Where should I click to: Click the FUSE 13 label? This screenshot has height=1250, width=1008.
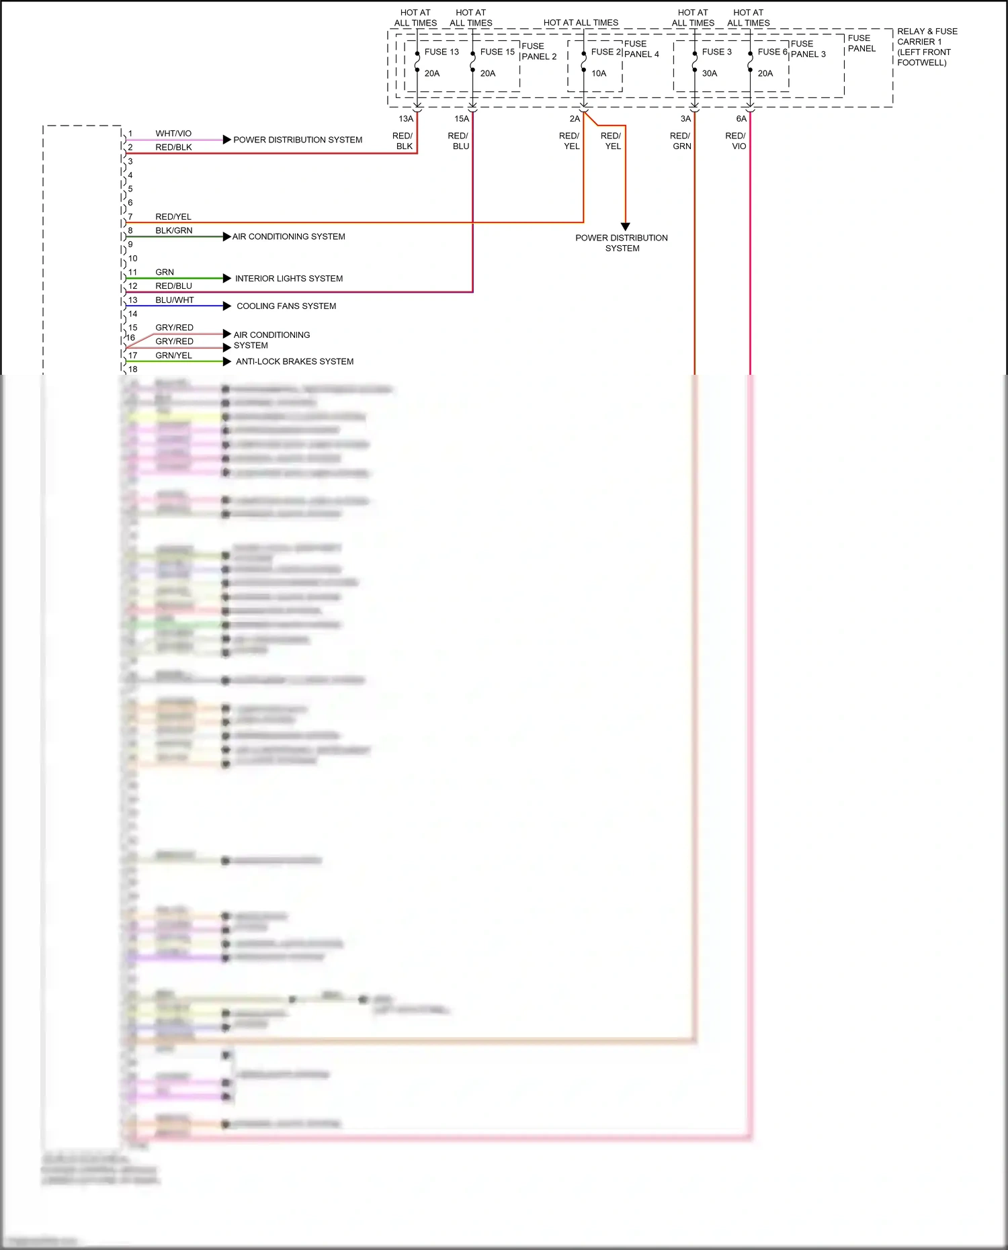(442, 52)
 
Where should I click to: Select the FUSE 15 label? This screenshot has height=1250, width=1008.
(497, 52)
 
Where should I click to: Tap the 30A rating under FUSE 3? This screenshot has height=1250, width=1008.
(710, 73)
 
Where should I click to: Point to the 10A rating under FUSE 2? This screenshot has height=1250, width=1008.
(599, 73)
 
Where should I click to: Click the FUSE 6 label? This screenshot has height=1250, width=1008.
(772, 52)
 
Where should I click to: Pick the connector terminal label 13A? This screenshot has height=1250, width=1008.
(406, 119)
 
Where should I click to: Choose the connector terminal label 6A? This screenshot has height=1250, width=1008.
(741, 119)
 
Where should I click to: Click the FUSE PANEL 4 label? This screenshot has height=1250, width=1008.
(641, 49)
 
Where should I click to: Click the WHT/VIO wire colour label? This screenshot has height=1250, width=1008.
(173, 134)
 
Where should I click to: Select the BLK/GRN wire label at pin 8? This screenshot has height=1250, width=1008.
(173, 230)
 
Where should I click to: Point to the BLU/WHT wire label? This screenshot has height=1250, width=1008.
(174, 300)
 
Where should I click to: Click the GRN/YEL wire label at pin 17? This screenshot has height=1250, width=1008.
(173, 355)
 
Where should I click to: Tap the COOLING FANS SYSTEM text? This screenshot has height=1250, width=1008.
(286, 306)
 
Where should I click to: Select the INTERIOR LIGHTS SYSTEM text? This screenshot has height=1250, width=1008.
(289, 279)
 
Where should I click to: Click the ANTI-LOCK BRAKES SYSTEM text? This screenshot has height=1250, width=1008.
(294, 361)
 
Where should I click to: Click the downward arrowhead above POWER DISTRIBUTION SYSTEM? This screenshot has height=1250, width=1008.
(626, 226)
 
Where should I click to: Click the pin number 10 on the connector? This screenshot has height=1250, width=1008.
(132, 259)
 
